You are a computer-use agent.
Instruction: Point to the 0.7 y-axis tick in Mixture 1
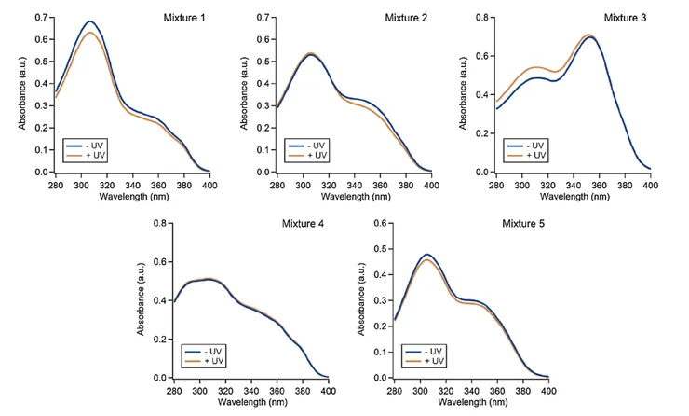[x=42, y=18]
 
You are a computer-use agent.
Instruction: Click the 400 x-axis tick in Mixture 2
[x=430, y=187]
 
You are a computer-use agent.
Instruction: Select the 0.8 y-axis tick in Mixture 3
[x=482, y=18]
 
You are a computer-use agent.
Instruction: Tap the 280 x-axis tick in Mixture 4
[x=174, y=393]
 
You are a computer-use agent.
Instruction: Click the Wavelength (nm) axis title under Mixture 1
[x=132, y=197]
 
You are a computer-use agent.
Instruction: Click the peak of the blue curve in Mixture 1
[x=90, y=21]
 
